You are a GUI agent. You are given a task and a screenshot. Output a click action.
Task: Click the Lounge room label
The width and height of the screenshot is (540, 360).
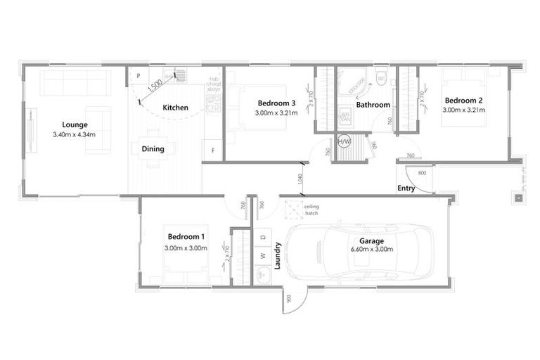tap(75, 124)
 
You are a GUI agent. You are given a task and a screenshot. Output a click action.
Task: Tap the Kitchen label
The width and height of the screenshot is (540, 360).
tap(175, 108)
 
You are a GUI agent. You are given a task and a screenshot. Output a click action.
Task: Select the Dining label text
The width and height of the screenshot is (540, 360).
tap(153, 148)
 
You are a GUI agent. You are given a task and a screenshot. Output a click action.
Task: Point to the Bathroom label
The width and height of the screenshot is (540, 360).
tap(373, 105)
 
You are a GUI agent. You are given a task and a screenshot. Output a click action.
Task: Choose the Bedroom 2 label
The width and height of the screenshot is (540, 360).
tap(463, 100)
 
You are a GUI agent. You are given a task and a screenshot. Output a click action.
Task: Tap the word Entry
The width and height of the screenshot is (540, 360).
tap(406, 188)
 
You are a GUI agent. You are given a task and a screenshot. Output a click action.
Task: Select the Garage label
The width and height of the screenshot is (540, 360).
tap(371, 240)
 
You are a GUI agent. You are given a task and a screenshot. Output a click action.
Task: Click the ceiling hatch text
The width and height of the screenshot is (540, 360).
tap(311, 209)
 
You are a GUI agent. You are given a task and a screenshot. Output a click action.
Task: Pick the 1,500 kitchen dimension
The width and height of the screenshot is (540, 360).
tap(157, 86)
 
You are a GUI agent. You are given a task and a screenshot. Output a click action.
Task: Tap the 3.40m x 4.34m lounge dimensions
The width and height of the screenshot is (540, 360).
tap(74, 134)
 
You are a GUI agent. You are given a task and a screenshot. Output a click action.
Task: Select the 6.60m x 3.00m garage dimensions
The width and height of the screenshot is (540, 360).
tap(371, 250)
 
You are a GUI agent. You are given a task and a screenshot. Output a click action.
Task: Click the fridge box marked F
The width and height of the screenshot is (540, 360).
tap(212, 151)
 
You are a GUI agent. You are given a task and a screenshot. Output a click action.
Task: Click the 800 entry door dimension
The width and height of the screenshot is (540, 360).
tap(422, 172)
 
